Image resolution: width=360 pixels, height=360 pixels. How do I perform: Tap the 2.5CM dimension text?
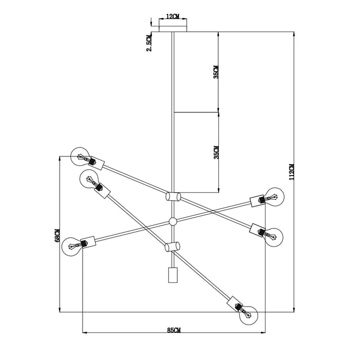tap(148, 42)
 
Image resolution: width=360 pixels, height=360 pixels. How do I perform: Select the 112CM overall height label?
tap(291, 172)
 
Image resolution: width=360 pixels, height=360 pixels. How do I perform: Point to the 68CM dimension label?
tap(56, 235)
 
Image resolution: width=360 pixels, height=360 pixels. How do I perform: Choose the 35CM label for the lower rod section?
tap(216, 152)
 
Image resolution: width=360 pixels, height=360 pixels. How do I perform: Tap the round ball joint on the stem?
tap(173, 222)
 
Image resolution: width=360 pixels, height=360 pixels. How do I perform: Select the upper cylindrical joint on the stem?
tap(173, 197)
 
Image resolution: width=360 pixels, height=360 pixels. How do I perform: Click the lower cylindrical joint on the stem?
tap(173, 246)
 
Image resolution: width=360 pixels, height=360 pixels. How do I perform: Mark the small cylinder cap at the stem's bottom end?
tap(173, 276)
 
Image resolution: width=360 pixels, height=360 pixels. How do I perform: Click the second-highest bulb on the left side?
tap(89, 179)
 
